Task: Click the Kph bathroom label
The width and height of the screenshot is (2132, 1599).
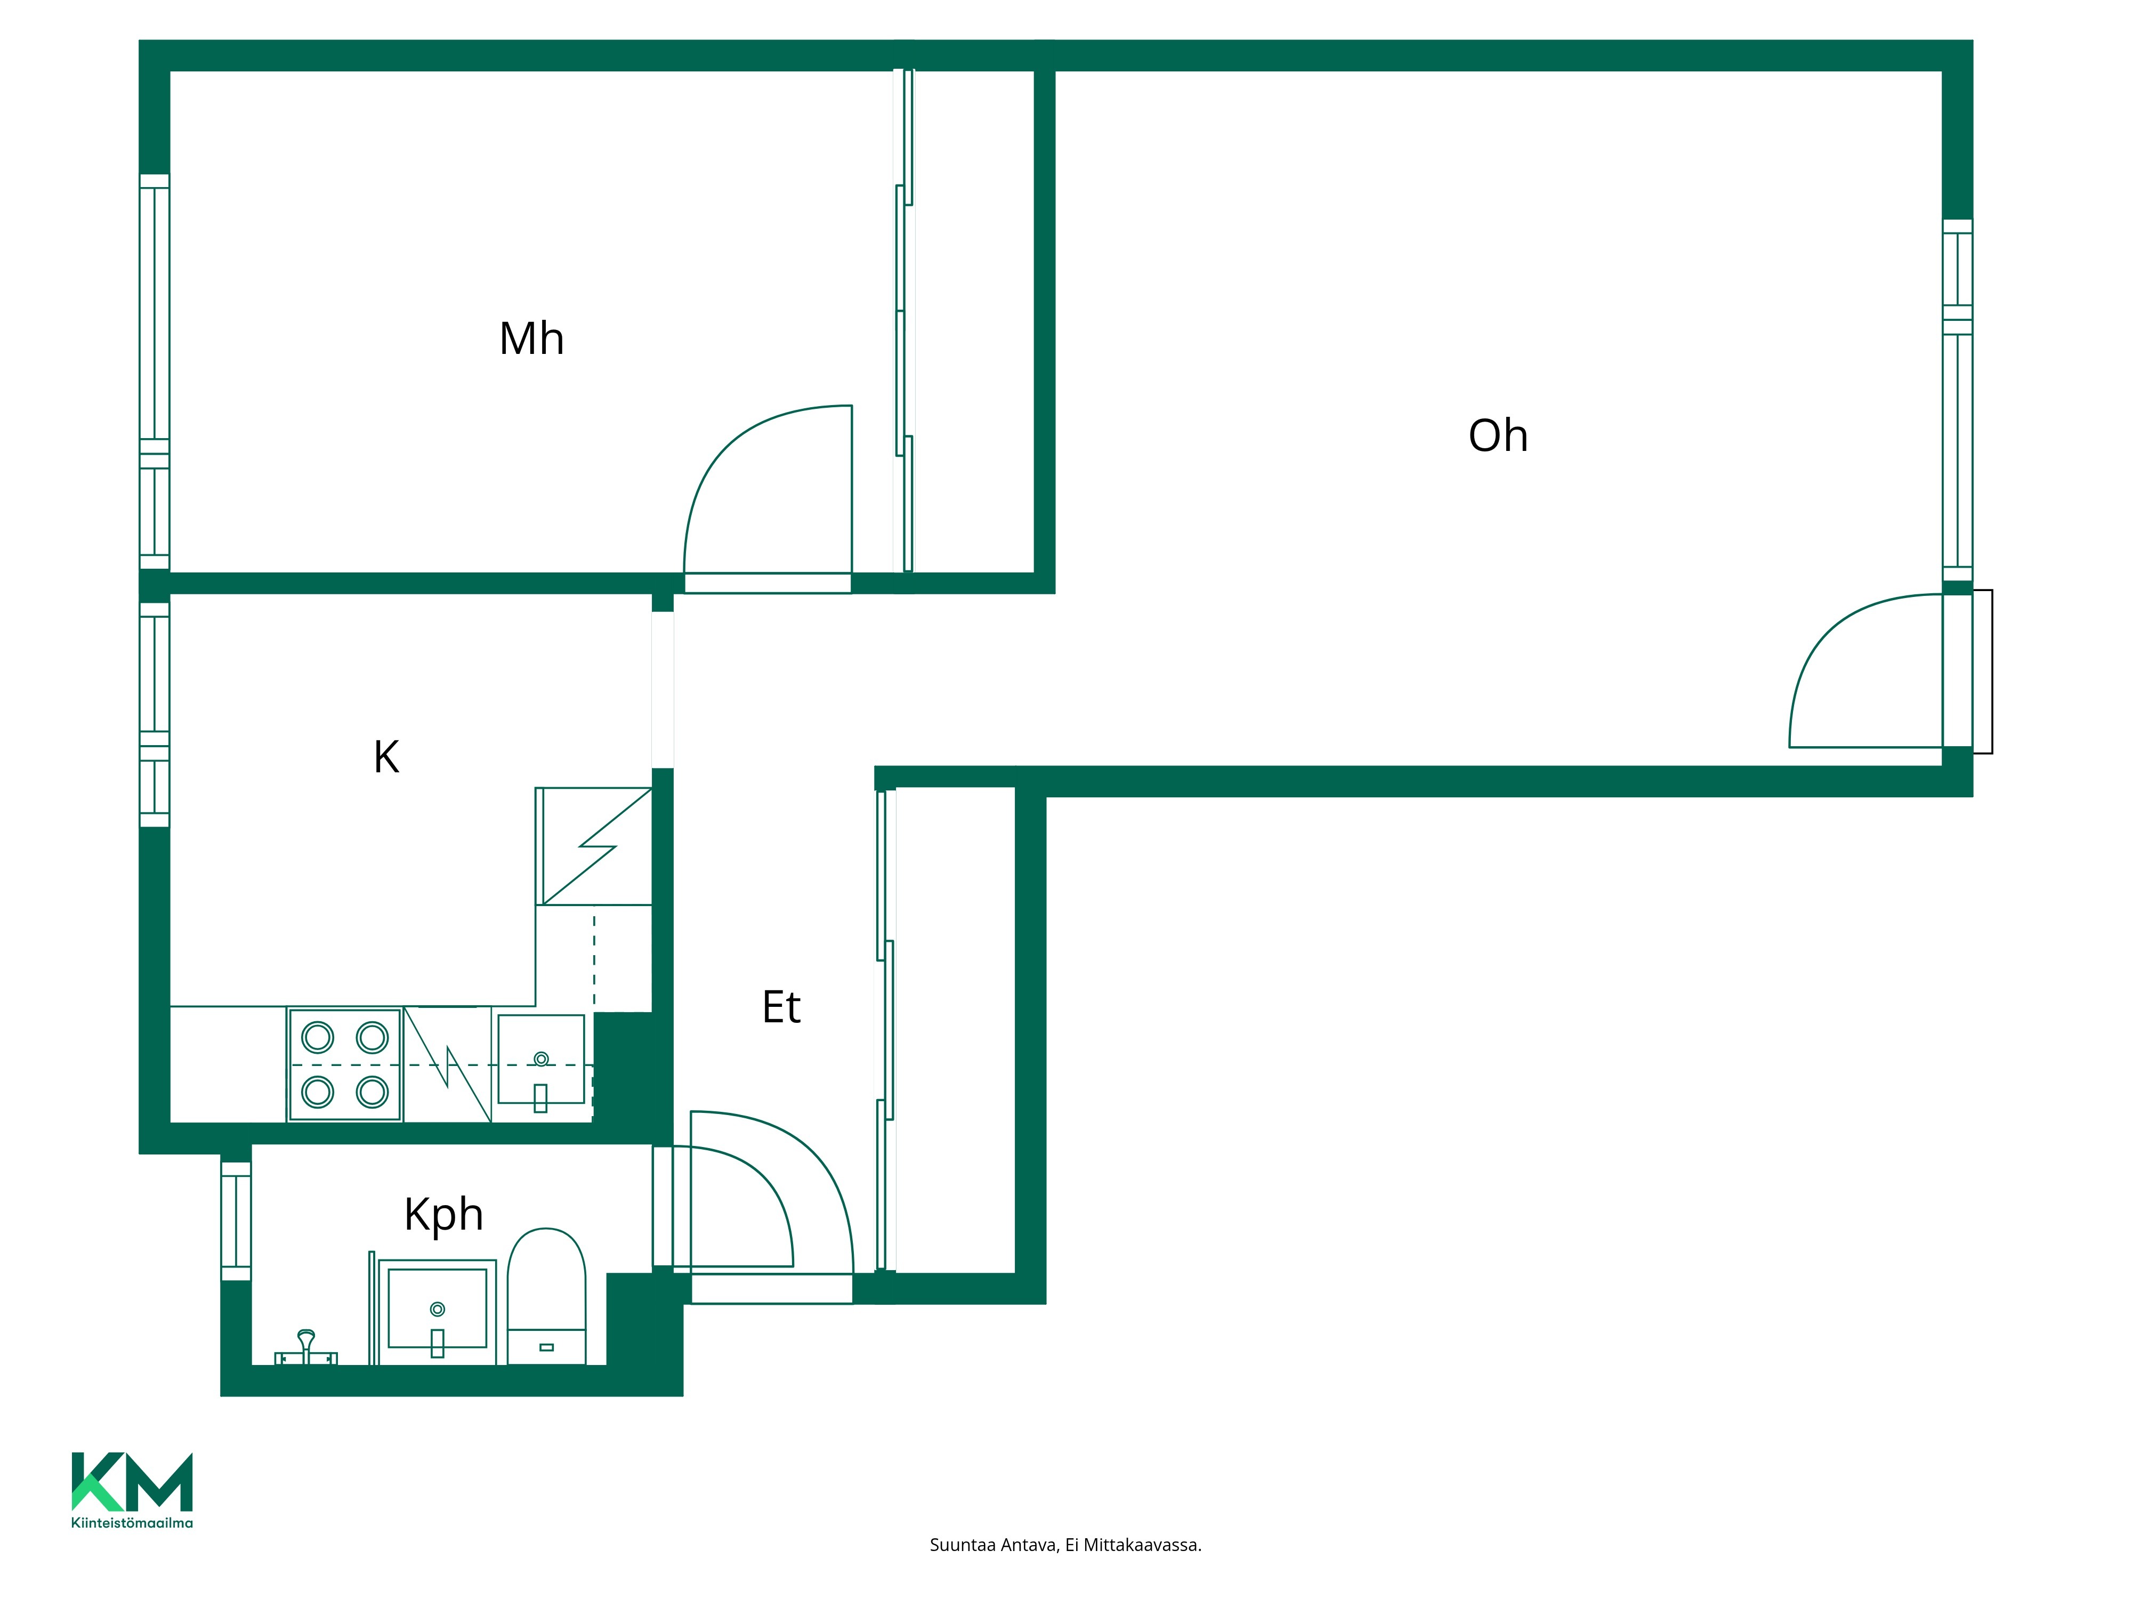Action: (x=443, y=1214)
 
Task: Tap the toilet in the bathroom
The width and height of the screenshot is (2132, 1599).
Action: (x=546, y=1296)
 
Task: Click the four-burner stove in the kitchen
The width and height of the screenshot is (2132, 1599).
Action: (x=345, y=1065)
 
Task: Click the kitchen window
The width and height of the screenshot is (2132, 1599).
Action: (x=154, y=714)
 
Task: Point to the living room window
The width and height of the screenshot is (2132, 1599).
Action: (x=1958, y=400)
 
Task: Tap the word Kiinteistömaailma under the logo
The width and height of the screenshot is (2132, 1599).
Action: (x=132, y=1523)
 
